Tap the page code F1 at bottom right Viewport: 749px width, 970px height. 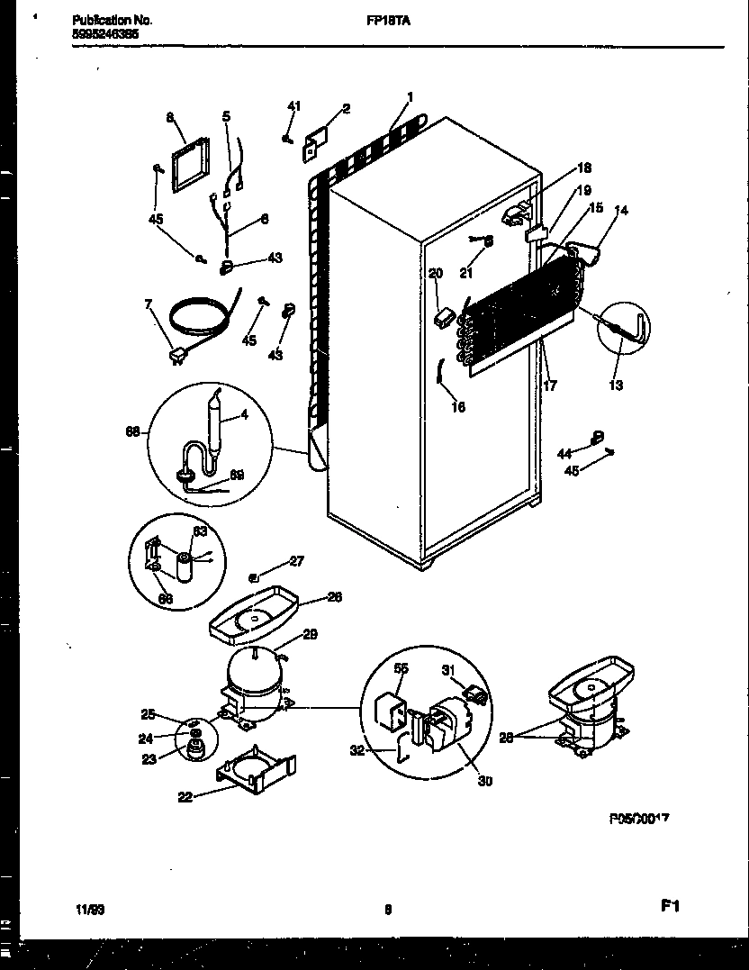click(x=668, y=908)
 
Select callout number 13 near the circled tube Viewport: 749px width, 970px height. click(x=616, y=385)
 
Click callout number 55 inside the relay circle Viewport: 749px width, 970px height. click(x=401, y=669)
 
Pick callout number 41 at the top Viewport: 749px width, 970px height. click(x=293, y=107)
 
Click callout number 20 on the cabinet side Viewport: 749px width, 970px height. click(x=435, y=274)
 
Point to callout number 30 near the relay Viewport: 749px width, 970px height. click(x=484, y=781)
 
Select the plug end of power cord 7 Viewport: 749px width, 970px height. click(x=176, y=360)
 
